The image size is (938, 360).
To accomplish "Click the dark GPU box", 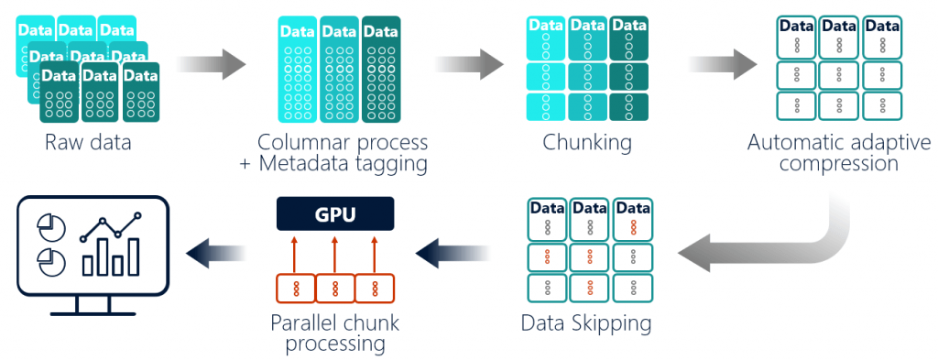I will pos(334,213).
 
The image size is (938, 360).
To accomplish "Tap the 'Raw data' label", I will pos(89,143).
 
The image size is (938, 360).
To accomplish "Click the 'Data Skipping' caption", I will pos(586,323).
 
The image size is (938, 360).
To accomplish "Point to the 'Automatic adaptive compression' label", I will pos(837,153).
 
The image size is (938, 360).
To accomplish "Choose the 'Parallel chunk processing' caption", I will pos(334,333).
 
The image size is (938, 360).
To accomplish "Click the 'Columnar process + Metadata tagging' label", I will pos(342,153).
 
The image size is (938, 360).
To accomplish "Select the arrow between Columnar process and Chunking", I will pos(469,65).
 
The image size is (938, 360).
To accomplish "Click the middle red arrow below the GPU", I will pos(334,252).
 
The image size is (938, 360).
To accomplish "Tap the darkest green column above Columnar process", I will pos(381,69).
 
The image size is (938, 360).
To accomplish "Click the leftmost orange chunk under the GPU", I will pos(295,289).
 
